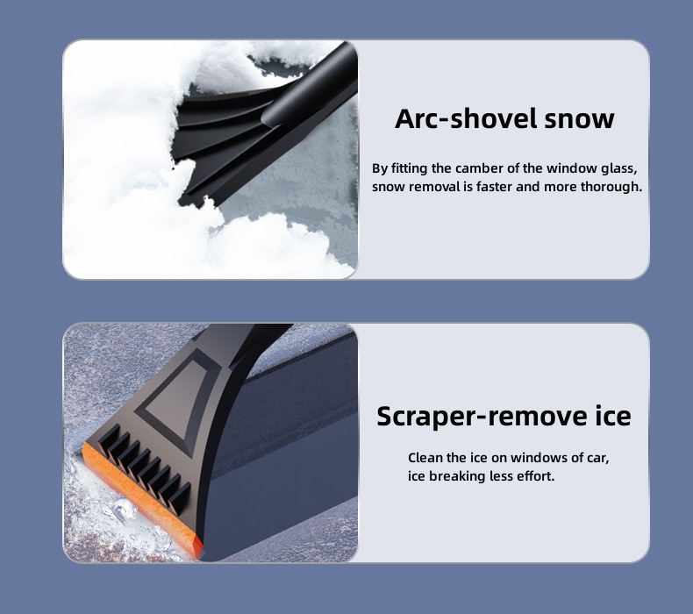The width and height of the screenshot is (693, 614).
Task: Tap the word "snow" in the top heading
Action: (579, 120)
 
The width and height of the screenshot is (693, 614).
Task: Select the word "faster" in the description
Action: (494, 187)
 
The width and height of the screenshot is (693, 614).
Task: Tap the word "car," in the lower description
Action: (597, 459)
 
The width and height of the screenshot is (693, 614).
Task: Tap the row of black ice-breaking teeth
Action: (144, 469)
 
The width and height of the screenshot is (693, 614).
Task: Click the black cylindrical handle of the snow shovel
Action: (310, 89)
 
